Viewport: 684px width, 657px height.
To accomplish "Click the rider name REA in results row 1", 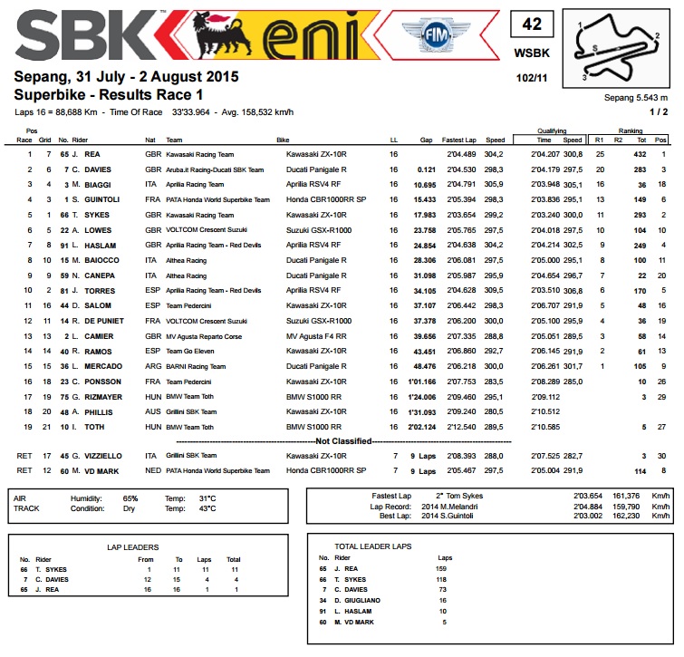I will tap(92, 155).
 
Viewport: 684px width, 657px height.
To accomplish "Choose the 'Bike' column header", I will tap(283, 140).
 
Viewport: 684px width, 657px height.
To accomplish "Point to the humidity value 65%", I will tap(130, 498).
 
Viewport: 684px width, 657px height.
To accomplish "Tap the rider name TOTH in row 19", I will tap(96, 425).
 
